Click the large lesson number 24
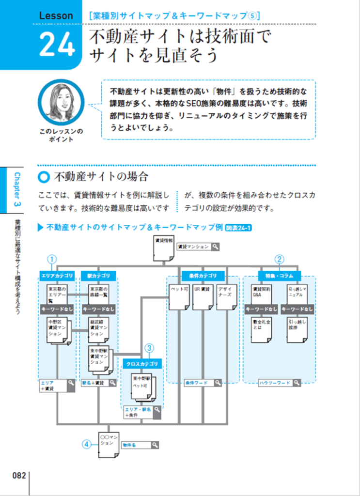point(57,45)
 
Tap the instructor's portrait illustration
point(61,102)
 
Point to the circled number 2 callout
point(280,259)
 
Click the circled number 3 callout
point(150,348)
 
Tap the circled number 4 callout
point(86,444)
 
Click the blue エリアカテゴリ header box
point(57,276)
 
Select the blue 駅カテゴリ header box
point(98,276)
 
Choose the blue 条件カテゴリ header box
point(203,276)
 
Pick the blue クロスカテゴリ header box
point(142,363)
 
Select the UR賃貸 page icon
point(203,295)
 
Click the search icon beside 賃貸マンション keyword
point(215,247)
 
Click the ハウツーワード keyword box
point(279,383)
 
